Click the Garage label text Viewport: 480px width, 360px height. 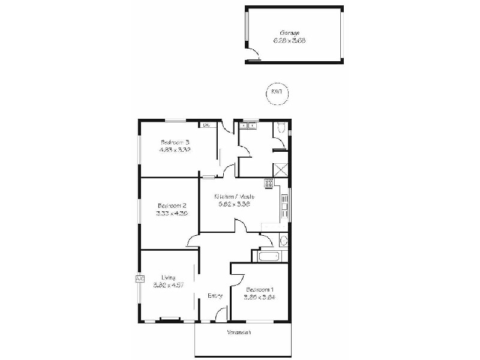[289, 33]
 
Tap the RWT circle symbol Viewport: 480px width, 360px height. [277, 93]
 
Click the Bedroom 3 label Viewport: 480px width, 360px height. [175, 142]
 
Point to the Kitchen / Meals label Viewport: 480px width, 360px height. [235, 196]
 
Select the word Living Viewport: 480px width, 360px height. [168, 277]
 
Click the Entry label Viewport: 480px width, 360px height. [215, 295]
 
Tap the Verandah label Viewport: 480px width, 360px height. [238, 333]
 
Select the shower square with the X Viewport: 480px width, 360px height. [280, 169]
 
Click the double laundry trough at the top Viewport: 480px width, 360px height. [248, 125]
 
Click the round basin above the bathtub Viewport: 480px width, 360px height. [283, 241]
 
